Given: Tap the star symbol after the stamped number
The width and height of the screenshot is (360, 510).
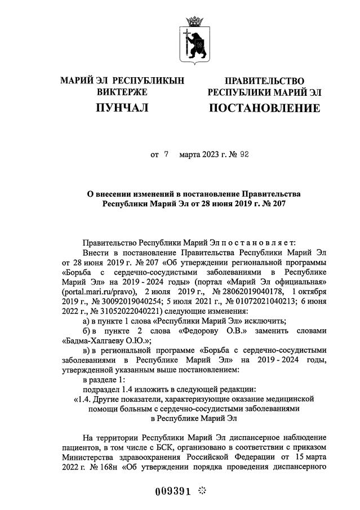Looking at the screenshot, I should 203,491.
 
